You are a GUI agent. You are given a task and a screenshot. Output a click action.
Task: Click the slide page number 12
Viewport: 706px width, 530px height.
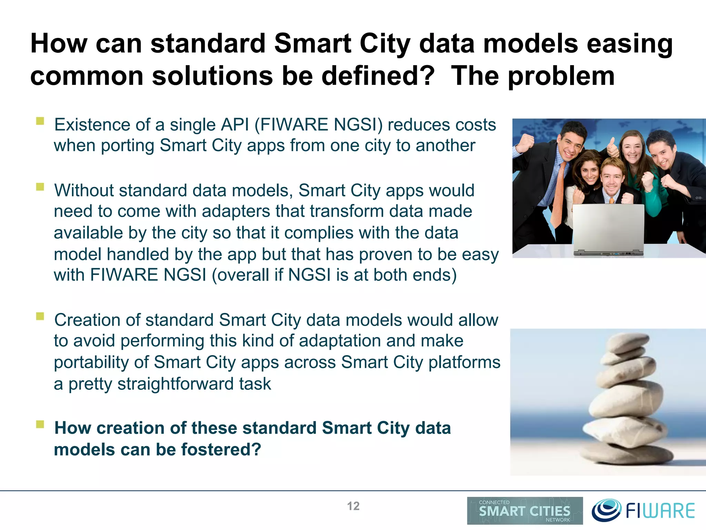click(x=353, y=506)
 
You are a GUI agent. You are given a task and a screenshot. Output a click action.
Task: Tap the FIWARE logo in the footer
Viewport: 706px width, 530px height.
click(x=643, y=510)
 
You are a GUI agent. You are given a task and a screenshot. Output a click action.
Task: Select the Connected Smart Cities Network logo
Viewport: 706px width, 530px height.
click(x=525, y=510)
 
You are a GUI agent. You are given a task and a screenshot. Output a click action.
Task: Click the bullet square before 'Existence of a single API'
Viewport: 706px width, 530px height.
click(x=40, y=121)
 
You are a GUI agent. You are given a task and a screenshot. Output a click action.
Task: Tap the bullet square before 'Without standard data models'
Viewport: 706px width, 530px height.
click(x=40, y=187)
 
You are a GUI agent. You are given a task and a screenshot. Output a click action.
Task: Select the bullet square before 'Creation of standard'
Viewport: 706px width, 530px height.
click(x=40, y=316)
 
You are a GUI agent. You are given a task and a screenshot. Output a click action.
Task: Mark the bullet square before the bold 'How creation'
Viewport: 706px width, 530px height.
click(x=40, y=424)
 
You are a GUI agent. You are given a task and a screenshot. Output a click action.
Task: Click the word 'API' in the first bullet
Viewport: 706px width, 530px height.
click(x=235, y=125)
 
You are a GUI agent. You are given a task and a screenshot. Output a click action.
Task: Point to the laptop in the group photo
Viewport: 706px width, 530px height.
click(x=608, y=229)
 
